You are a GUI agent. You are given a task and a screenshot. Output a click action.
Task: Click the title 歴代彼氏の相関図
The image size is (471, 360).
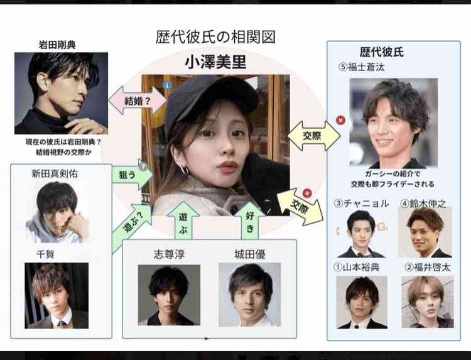tap(215, 37)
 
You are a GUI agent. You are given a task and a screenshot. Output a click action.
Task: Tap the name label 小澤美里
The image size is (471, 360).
tap(215, 62)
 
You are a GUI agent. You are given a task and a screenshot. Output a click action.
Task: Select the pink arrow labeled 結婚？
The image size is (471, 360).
tap(138, 101)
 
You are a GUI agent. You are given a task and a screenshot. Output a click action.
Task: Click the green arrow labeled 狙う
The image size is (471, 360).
tap(132, 175)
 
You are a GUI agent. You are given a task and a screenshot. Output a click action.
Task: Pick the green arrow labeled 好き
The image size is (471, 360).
tap(250, 222)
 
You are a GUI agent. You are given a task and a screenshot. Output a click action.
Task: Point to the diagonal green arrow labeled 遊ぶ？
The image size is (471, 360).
tap(132, 228)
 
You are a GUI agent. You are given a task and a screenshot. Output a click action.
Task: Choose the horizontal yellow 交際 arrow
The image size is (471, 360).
tap(314, 136)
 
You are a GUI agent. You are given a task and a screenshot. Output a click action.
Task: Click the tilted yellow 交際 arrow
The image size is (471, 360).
tap(300, 207)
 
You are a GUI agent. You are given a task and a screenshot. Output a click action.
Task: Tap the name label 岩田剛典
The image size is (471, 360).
tap(57, 45)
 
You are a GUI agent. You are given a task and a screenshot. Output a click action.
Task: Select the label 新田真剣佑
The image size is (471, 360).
tap(55, 173)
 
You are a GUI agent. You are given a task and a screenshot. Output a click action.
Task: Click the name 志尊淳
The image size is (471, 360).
tap(169, 254)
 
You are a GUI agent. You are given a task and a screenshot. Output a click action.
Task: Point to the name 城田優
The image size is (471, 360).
tap(249, 254)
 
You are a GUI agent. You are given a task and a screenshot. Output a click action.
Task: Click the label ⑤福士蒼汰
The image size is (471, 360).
tap(361, 67)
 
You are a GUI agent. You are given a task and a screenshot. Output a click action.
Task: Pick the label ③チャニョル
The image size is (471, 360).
tap(361, 204)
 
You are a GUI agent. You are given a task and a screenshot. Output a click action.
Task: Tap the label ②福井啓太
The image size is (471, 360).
tap(428, 267)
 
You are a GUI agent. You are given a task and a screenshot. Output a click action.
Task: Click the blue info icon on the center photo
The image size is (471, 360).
tap(167, 85)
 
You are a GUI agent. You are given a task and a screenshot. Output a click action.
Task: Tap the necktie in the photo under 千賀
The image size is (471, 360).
tap(62, 324)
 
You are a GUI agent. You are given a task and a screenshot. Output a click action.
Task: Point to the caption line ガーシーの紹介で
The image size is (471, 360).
tap(392, 173)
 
